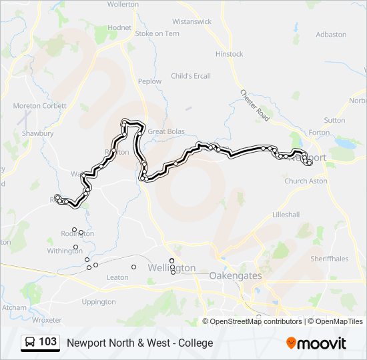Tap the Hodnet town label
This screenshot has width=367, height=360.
119,27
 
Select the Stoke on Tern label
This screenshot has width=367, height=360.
157,33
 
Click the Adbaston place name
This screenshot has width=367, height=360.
331,34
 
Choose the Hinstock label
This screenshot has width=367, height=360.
230,54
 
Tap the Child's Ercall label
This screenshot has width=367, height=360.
191,76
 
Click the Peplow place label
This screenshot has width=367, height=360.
149,81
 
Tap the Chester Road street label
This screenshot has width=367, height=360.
254,105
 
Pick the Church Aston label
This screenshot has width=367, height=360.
306,181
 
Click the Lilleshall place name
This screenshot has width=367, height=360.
286,215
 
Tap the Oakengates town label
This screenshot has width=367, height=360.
236,275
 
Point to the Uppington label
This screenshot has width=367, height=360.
99,302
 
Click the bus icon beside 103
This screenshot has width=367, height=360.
30,343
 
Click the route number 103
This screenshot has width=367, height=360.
48,343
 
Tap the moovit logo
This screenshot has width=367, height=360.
316,343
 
